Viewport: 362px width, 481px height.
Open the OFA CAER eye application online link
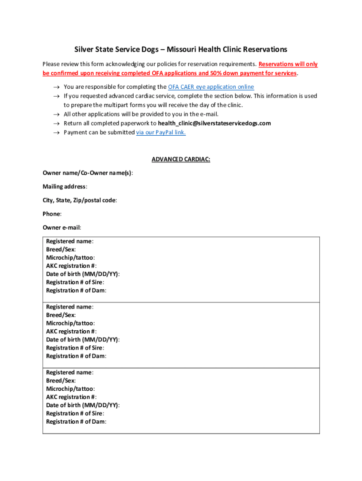coord(211,87)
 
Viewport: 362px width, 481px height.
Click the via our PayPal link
coord(161,132)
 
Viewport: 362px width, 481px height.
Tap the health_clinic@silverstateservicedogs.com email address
coord(214,123)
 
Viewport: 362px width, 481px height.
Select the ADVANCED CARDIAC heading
coord(181,159)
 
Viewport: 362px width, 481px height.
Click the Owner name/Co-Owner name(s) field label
coord(87,173)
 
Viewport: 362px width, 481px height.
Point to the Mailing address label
coord(64,186)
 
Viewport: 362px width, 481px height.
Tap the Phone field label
coord(51,214)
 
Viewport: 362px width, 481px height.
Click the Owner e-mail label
coord(62,227)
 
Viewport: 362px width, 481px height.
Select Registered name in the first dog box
coord(69,241)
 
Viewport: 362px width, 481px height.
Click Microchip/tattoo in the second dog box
coord(70,323)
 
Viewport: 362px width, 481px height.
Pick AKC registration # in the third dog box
coord(71,397)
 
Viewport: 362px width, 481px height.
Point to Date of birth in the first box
coord(82,274)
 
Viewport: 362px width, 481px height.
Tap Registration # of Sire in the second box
coord(75,348)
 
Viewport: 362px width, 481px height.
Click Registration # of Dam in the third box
coord(76,421)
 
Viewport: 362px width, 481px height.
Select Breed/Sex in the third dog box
coord(61,380)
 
